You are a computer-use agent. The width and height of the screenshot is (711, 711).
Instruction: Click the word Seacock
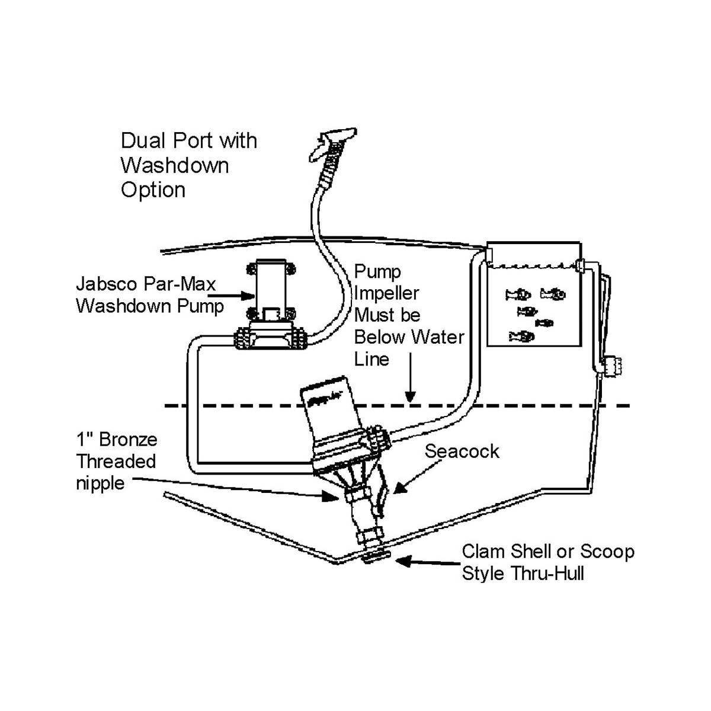[462, 451]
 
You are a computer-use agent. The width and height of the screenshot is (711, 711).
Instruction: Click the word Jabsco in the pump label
[109, 283]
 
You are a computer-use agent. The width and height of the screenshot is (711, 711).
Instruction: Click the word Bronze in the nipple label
[128, 440]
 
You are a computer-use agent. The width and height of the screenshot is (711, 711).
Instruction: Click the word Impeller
[386, 293]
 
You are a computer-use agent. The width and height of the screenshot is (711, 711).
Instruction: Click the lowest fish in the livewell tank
[522, 337]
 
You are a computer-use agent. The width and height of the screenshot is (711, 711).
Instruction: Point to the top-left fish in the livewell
[517, 294]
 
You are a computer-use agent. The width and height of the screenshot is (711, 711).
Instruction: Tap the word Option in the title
[153, 190]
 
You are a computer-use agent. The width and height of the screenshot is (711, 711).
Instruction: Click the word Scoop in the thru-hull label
[607, 552]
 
